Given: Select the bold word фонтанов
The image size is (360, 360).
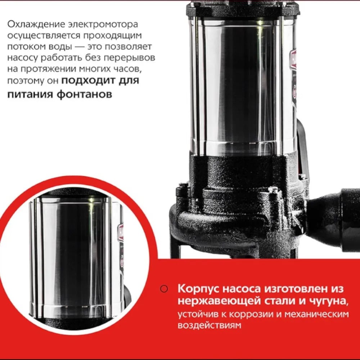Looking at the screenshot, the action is click(x=84, y=94).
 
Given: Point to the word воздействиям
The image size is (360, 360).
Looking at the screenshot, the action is click(x=210, y=325).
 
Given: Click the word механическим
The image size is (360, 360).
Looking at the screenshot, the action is click(x=316, y=314).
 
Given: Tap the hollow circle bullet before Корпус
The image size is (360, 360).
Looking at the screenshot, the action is click(x=164, y=289).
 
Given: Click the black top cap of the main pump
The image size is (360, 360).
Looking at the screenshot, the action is click(x=243, y=9).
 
